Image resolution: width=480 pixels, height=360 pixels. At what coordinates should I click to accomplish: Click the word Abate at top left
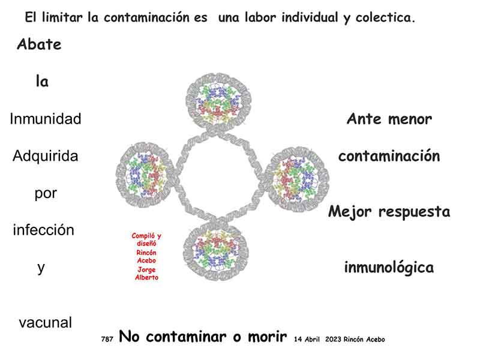pyautogui.click(x=39, y=44)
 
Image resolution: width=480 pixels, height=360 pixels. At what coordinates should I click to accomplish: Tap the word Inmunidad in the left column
pyautogui.click(x=46, y=119)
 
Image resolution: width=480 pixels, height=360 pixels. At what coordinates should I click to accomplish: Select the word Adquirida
pyautogui.click(x=46, y=157)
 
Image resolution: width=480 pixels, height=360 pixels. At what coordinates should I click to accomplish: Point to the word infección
pyautogui.click(x=43, y=230)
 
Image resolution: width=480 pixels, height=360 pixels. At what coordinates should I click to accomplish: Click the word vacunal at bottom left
pyautogui.click(x=46, y=323)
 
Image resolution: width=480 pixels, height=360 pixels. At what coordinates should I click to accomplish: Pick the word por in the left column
pyautogui.click(x=46, y=193)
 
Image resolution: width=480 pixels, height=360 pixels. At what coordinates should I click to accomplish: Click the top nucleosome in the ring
pyautogui.click(x=218, y=101)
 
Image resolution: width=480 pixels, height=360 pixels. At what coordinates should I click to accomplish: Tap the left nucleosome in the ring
pyautogui.click(x=145, y=175)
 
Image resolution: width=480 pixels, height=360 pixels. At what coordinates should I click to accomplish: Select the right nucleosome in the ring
pyautogui.click(x=296, y=179)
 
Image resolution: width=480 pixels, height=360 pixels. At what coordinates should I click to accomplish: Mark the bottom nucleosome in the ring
pyautogui.click(x=216, y=251)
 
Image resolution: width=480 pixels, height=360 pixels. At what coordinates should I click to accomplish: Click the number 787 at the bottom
pyautogui.click(x=107, y=339)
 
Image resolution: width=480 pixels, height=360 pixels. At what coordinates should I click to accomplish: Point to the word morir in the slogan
pyautogui.click(x=268, y=337)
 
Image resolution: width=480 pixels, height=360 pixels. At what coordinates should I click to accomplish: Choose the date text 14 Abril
pyautogui.click(x=307, y=339)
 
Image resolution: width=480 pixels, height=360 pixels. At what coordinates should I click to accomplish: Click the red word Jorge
pyautogui.click(x=146, y=269)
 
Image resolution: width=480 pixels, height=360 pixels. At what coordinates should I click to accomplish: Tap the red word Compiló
pyautogui.click(x=143, y=236)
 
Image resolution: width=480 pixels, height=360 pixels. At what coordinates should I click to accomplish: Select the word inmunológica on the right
pyautogui.click(x=389, y=268)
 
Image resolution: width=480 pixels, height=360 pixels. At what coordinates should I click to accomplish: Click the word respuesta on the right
pyautogui.click(x=415, y=212)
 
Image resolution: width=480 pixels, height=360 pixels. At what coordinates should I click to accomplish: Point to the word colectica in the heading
pyautogui.click(x=385, y=17)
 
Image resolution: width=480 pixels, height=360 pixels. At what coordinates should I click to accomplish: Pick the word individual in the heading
pyautogui.click(x=310, y=17)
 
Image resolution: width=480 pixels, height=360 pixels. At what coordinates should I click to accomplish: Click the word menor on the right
pyautogui.click(x=410, y=119)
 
